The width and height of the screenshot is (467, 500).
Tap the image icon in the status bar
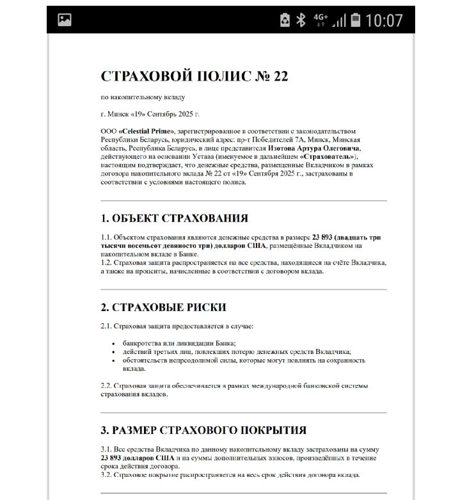65,20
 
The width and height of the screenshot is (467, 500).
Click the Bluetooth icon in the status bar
301,20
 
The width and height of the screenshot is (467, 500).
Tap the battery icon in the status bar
356,20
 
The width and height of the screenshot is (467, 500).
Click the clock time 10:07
384,20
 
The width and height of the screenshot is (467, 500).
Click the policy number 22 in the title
281,76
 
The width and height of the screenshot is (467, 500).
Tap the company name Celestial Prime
146,130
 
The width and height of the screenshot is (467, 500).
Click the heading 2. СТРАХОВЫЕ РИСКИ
163,307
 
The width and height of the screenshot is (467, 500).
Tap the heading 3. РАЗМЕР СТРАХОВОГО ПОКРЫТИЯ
203,430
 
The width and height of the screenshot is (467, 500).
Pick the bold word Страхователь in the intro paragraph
329,157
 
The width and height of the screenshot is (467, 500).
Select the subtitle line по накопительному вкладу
143,97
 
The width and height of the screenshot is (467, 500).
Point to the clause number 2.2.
106,385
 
